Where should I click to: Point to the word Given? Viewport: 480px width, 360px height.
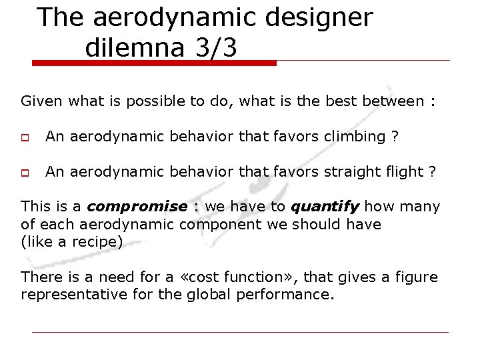click(42, 101)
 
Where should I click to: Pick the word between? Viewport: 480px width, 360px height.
click(394, 101)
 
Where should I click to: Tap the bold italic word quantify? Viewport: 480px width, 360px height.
click(326, 207)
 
